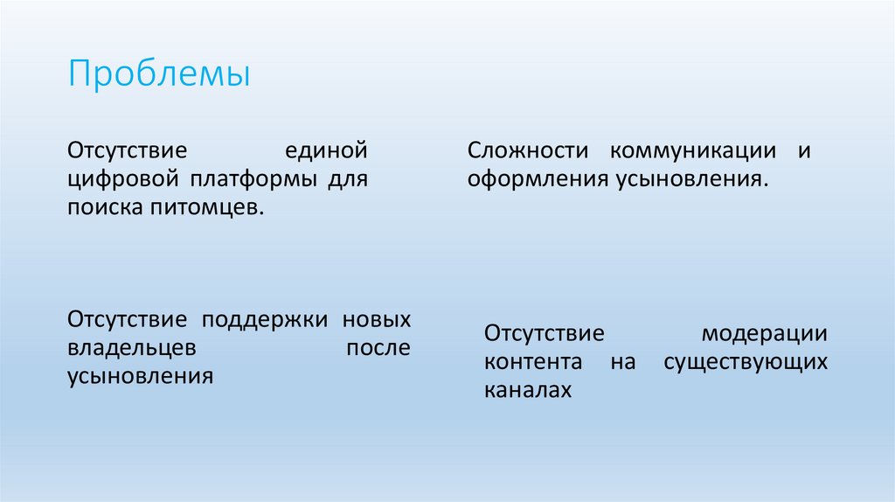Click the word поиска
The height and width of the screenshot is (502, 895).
click(x=101, y=209)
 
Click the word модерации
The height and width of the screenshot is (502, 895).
click(x=764, y=333)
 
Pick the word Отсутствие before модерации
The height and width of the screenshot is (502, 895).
click(x=545, y=333)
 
